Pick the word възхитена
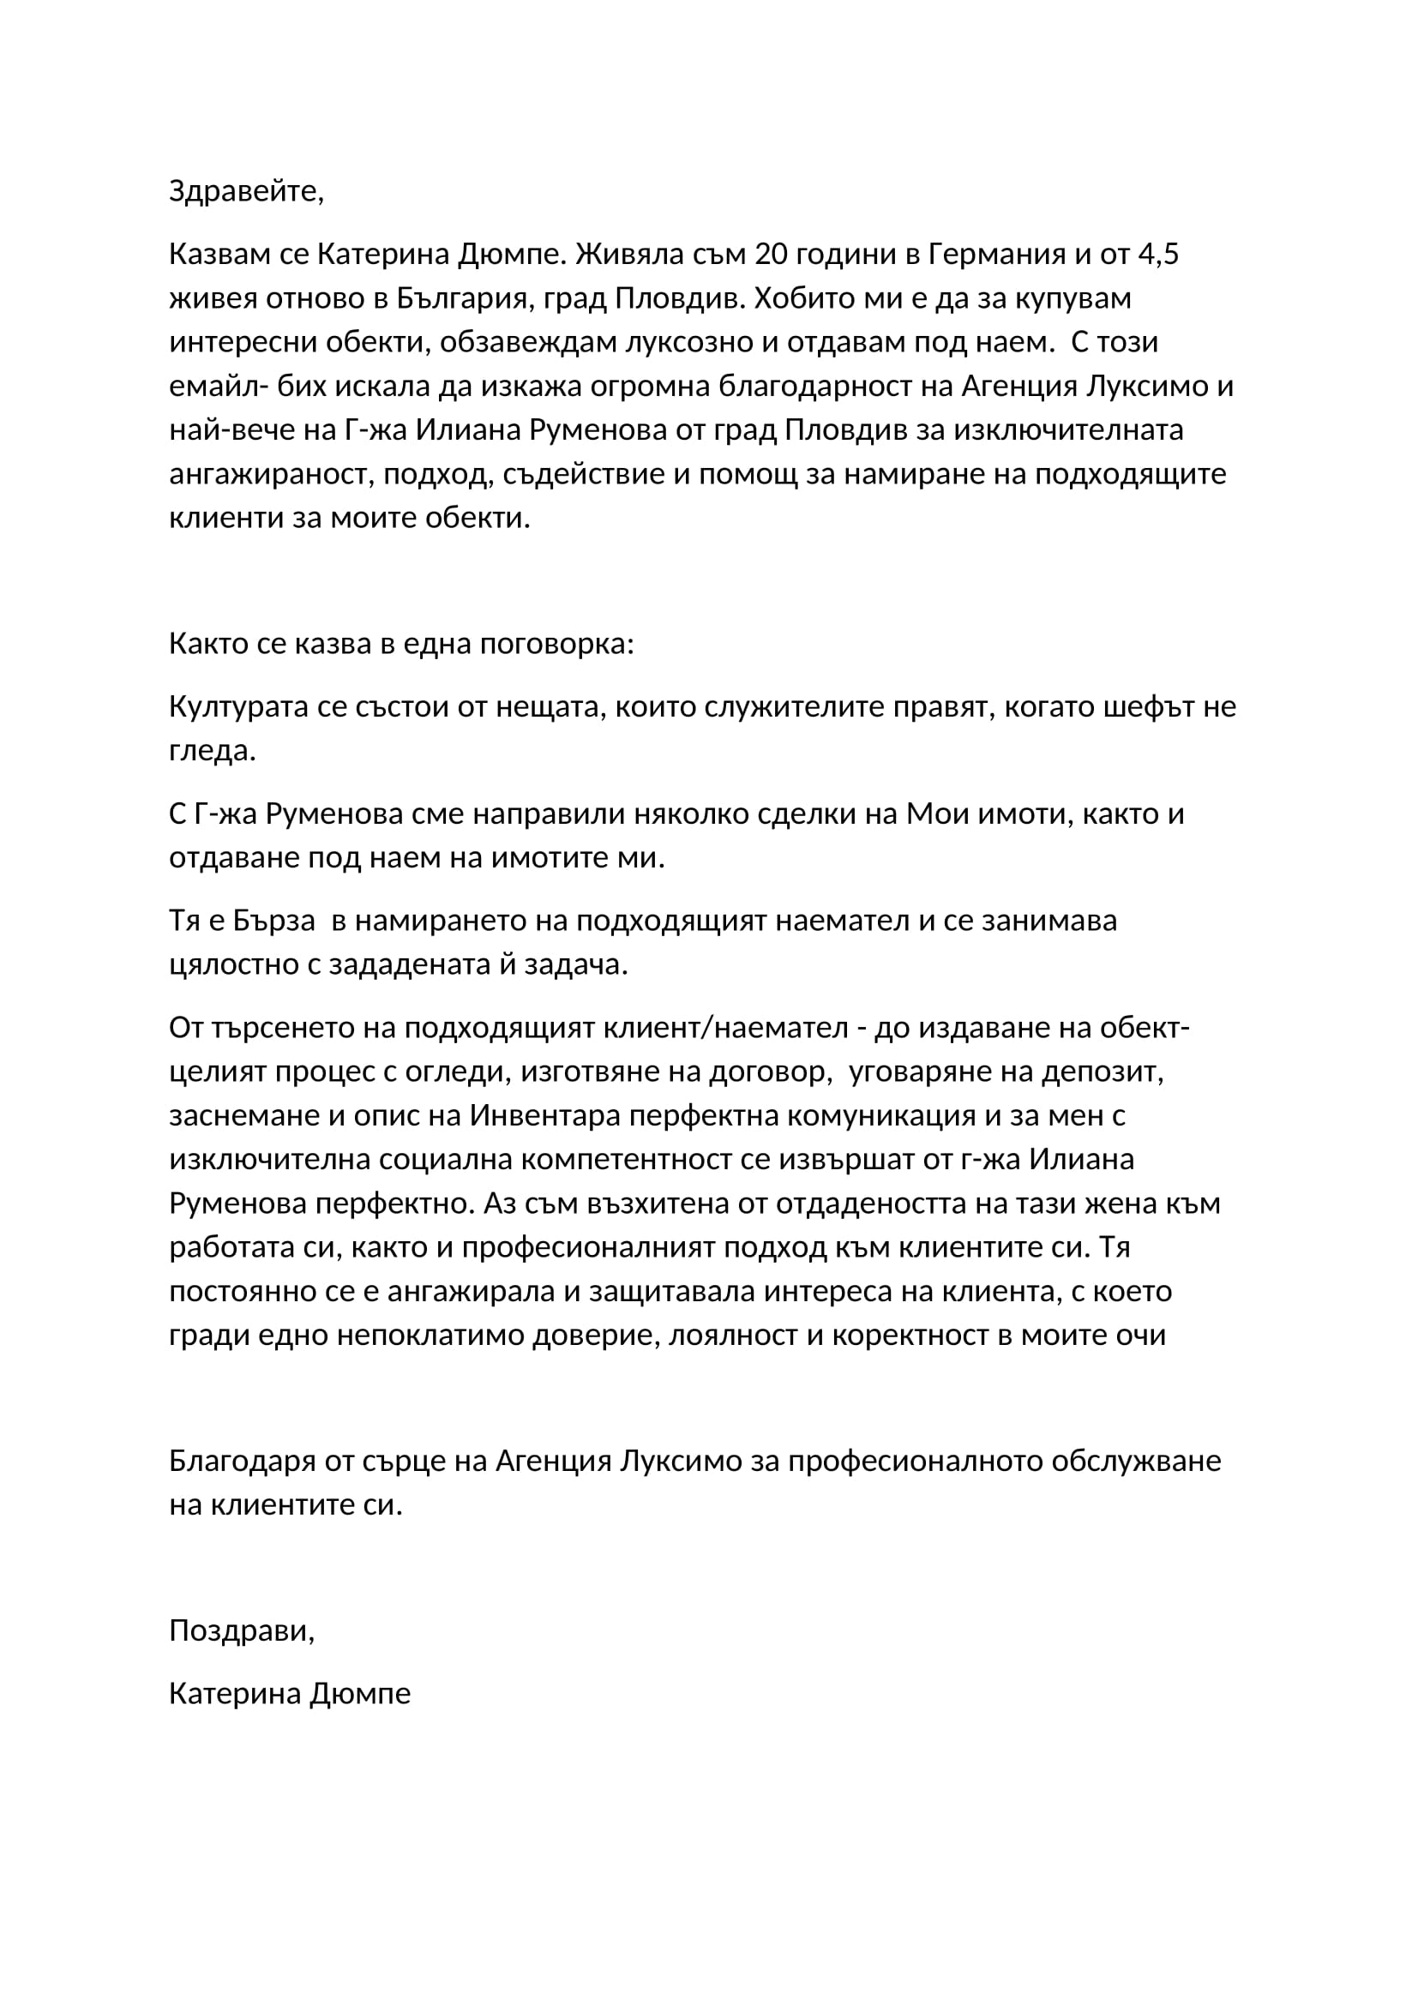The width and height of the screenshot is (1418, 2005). [666, 1204]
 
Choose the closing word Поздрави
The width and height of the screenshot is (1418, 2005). [241, 1630]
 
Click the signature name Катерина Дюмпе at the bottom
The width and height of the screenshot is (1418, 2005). [290, 1693]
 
